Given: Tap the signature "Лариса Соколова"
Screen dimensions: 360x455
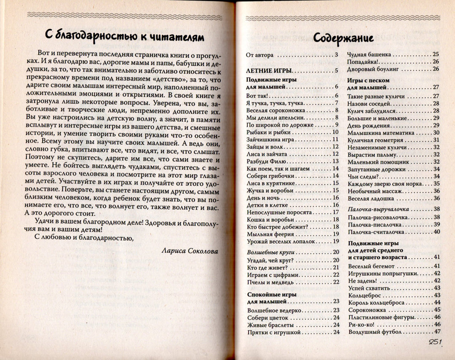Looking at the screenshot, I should (x=190, y=250).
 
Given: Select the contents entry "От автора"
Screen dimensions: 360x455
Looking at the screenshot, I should (x=260, y=55).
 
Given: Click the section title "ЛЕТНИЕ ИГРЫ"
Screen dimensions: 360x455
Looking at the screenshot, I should (x=268, y=70).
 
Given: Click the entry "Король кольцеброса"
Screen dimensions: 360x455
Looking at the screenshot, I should (x=377, y=302).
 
